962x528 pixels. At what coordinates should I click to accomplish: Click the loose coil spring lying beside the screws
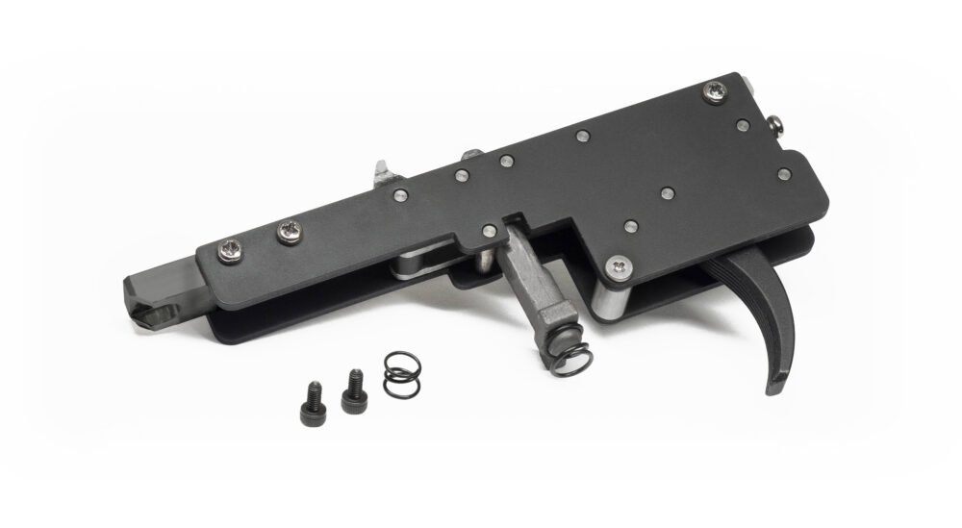[x=398, y=373]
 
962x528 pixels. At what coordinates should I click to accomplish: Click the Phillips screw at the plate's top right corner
[x=715, y=91]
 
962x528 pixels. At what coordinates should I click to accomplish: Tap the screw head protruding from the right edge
[x=774, y=124]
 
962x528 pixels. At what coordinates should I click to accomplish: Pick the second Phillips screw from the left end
[x=288, y=230]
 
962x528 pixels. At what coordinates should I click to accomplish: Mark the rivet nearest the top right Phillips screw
[x=742, y=125]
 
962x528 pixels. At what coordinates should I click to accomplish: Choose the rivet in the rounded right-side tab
[x=784, y=174]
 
